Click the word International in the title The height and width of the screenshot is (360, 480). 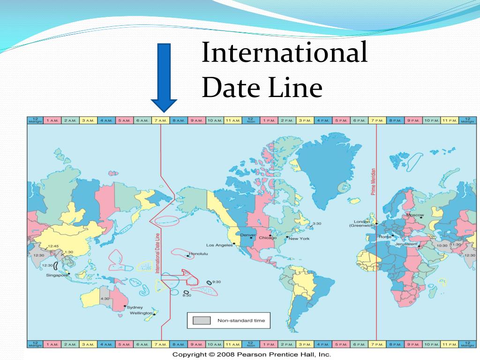(x=284, y=52)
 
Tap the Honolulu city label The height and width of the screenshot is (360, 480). (x=199, y=254)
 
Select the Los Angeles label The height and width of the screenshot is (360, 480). (x=219, y=245)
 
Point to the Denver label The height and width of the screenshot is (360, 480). (x=248, y=235)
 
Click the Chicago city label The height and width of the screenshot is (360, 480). (x=268, y=238)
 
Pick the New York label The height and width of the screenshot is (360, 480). (x=299, y=239)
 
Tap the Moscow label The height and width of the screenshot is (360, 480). (x=415, y=215)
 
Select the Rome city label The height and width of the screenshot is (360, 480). (x=385, y=237)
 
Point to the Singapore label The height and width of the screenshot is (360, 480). (x=57, y=275)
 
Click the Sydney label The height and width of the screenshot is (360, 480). (x=135, y=307)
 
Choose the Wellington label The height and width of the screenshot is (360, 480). (x=141, y=313)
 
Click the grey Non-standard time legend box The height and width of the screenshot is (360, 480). (x=202, y=321)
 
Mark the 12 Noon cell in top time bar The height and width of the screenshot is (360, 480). (x=251, y=120)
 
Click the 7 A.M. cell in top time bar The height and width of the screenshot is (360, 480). (x=160, y=120)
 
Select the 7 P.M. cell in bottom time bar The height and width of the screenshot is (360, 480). (x=377, y=345)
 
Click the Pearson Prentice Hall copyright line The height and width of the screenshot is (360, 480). (x=252, y=354)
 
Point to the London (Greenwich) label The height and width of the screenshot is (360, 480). (x=361, y=223)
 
